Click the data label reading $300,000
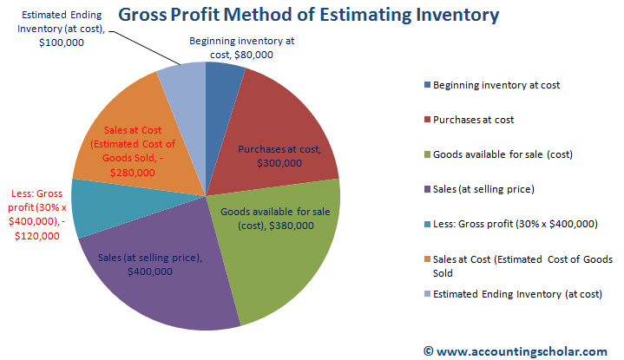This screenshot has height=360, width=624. pyautogui.click(x=279, y=163)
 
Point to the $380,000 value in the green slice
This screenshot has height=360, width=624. pyautogui.click(x=292, y=226)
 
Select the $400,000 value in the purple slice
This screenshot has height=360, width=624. pyautogui.click(x=150, y=272)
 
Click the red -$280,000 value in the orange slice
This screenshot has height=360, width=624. pyautogui.click(x=133, y=173)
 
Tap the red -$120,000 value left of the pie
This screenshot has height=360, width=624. pyautogui.click(x=37, y=236)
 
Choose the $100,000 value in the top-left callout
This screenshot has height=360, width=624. pyautogui.click(x=62, y=43)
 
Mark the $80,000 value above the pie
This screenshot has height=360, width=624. pyautogui.click(x=253, y=55)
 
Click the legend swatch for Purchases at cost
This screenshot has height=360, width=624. pyautogui.click(x=427, y=120)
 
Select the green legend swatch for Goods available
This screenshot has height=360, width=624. pyautogui.click(x=427, y=154)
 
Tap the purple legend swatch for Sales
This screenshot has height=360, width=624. pyautogui.click(x=427, y=188)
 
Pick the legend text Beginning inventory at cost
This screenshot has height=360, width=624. pyautogui.click(x=496, y=85)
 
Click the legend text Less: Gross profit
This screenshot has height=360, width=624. pyautogui.click(x=516, y=224)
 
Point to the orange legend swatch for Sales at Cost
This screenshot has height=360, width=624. pyautogui.click(x=427, y=259)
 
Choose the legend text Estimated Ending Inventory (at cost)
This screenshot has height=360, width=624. pyautogui.click(x=517, y=294)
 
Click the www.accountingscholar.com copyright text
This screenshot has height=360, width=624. pyautogui.click(x=516, y=351)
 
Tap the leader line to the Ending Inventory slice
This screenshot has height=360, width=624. pyautogui.click(x=144, y=48)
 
